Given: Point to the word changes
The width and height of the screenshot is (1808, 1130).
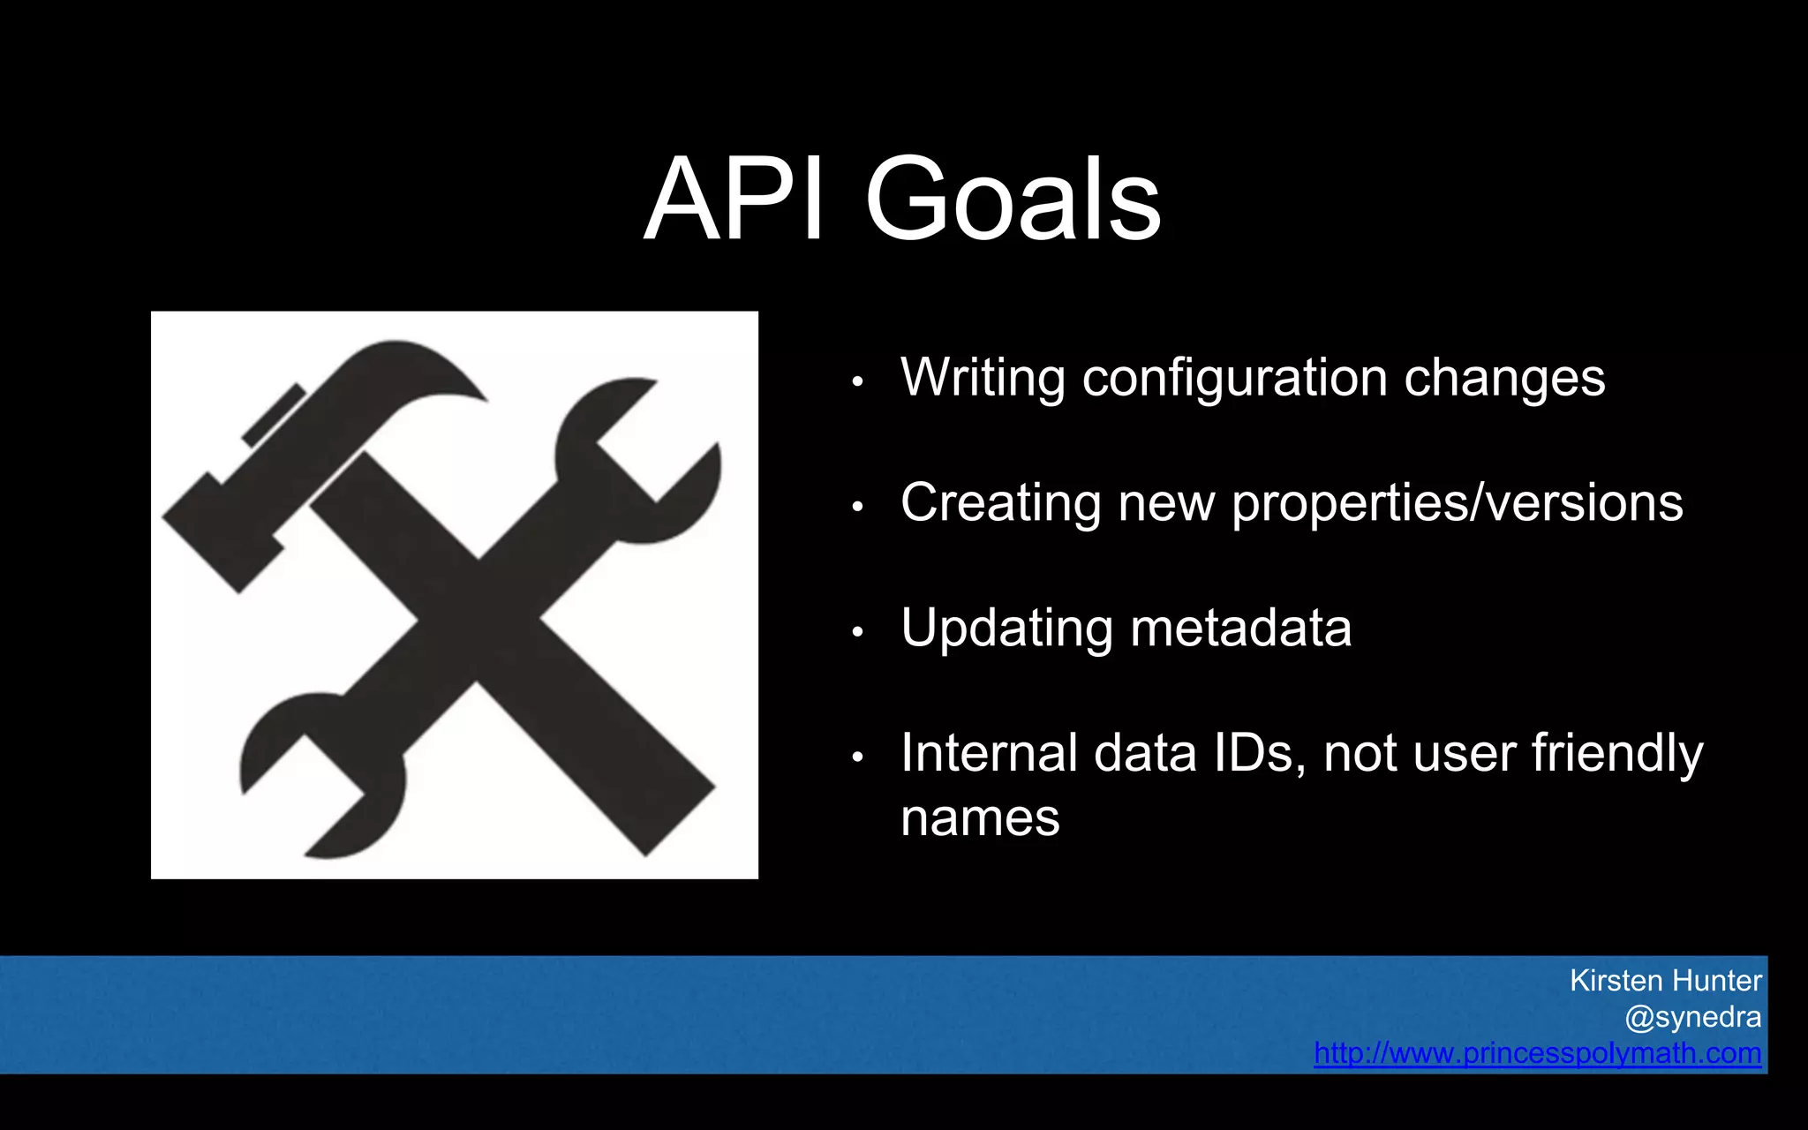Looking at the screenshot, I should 1504,379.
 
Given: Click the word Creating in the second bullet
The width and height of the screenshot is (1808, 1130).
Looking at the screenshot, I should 1001,503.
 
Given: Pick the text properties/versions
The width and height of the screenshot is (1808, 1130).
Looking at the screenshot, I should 1457,503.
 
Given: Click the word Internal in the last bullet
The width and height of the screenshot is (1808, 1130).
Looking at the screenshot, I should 989,753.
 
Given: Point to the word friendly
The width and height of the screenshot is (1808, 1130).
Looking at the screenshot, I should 1617,753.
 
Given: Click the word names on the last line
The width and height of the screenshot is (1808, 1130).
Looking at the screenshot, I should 980,817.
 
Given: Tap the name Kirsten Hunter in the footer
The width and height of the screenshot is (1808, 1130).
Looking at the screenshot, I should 1665,981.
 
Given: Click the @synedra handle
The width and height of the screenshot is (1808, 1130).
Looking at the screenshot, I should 1692,1017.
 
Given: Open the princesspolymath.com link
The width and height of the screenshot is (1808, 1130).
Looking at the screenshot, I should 1537,1053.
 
